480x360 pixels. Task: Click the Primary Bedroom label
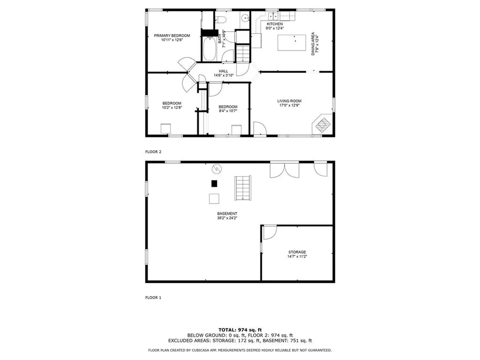[x=172, y=36]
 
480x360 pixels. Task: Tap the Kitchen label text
[x=275, y=24]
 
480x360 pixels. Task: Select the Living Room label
[x=289, y=101]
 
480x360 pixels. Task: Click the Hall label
[x=224, y=71]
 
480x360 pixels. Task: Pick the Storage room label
[x=297, y=252]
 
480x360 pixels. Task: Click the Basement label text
[x=227, y=214]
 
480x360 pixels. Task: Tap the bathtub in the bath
[x=209, y=49]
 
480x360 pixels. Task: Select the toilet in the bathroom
[x=221, y=19]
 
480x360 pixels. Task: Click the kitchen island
[x=290, y=43]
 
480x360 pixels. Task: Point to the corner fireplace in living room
[x=322, y=125]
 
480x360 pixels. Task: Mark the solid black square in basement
[x=214, y=184]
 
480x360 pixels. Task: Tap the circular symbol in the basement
[x=217, y=168]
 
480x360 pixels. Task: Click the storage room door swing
[x=269, y=232]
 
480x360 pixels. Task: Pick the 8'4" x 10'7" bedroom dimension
[x=228, y=111]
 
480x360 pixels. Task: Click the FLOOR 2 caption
[x=153, y=152]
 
